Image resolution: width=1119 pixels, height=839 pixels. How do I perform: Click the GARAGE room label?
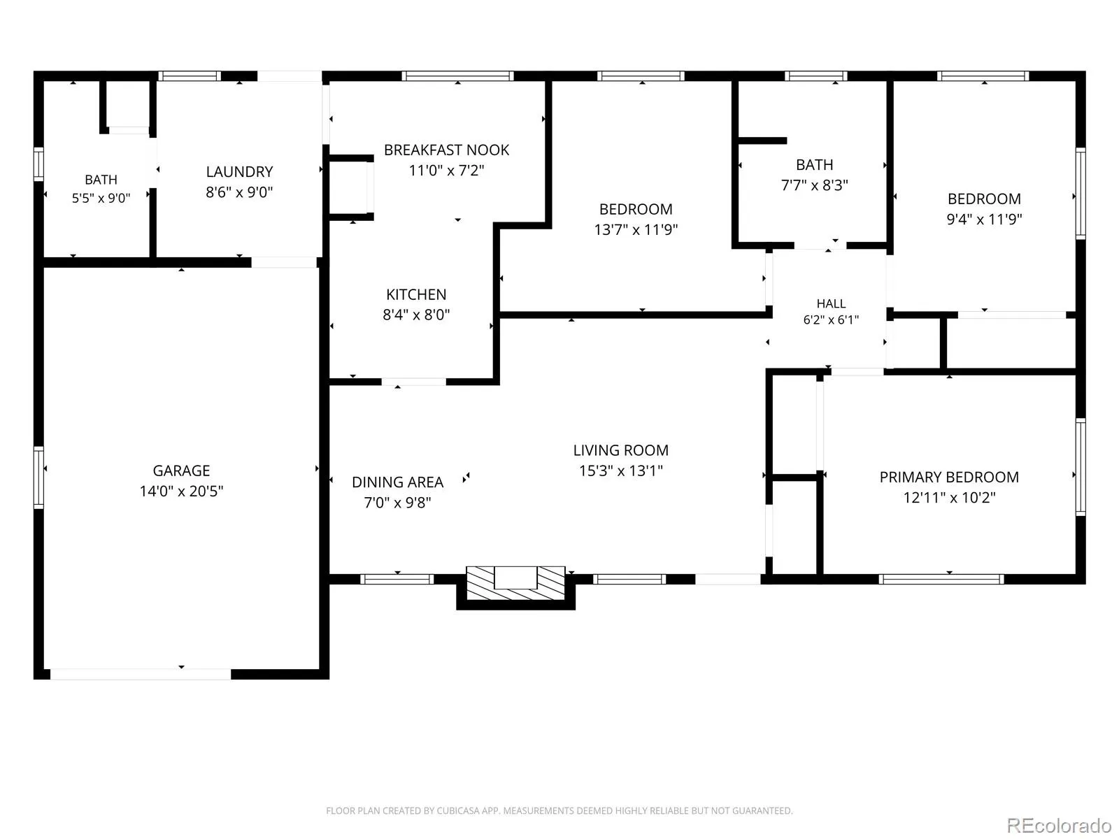coord(181,470)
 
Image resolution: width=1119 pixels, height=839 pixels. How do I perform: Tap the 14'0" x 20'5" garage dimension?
coord(181,491)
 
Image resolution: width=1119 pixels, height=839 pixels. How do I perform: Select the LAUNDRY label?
coord(239,172)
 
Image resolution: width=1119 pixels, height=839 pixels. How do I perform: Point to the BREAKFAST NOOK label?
coord(446,150)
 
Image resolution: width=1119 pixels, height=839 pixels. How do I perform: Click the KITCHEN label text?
coord(416,294)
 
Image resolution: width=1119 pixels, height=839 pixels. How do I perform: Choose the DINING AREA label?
coord(397,482)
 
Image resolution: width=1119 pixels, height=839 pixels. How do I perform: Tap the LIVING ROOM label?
coord(620,450)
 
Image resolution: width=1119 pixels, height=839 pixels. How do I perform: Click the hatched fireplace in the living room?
coord(515,583)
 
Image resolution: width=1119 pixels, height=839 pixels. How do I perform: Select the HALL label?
coord(831,303)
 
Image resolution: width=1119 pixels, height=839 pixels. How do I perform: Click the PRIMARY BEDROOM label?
coord(949,477)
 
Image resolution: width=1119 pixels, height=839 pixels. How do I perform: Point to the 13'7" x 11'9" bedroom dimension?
coord(636,230)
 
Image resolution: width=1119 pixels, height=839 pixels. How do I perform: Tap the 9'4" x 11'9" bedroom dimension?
coord(984,219)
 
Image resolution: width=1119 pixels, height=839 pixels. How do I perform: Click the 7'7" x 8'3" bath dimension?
coord(814,185)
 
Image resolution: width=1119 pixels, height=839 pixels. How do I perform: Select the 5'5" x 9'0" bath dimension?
coord(101,198)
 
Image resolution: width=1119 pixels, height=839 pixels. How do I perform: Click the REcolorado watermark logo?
coord(1059,825)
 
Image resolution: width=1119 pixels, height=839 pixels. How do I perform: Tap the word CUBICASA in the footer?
coord(459,810)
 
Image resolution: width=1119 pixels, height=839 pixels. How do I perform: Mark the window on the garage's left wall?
coord(38,478)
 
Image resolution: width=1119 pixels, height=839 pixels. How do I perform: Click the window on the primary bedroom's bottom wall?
coord(941,579)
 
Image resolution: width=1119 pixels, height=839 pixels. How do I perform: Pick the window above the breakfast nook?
coord(457,76)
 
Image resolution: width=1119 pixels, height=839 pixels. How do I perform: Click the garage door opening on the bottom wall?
coord(140,674)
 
